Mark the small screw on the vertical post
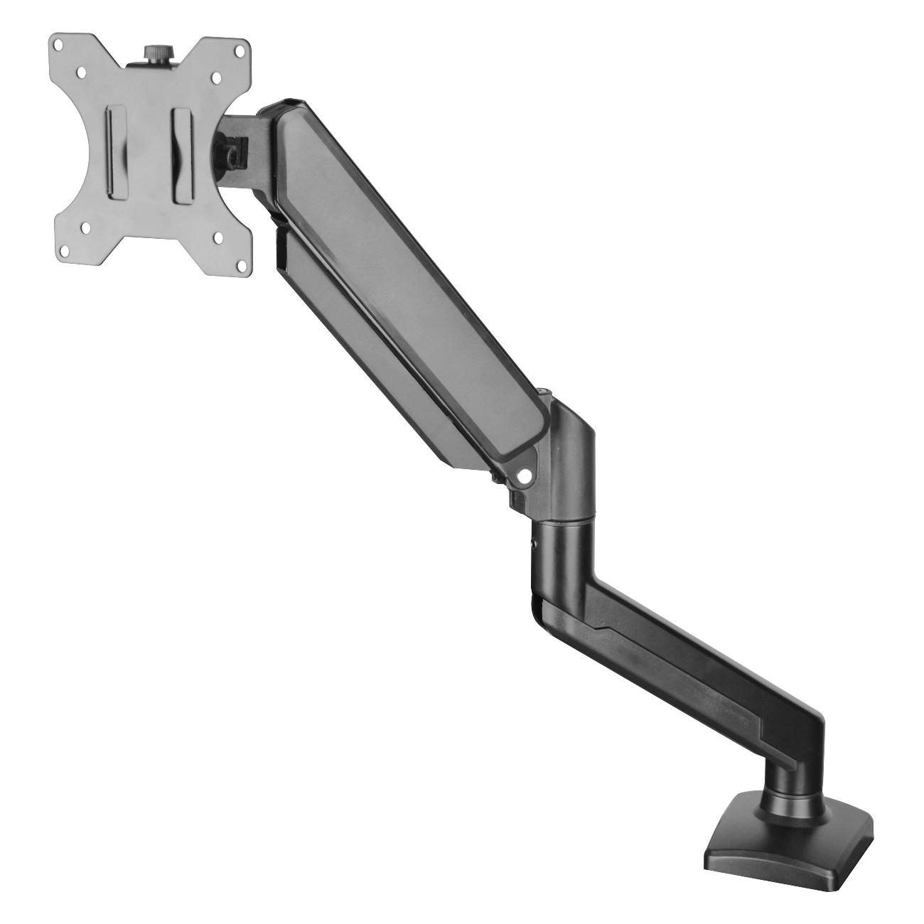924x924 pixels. [534, 546]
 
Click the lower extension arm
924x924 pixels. [682, 661]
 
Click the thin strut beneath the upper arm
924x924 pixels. [370, 355]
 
